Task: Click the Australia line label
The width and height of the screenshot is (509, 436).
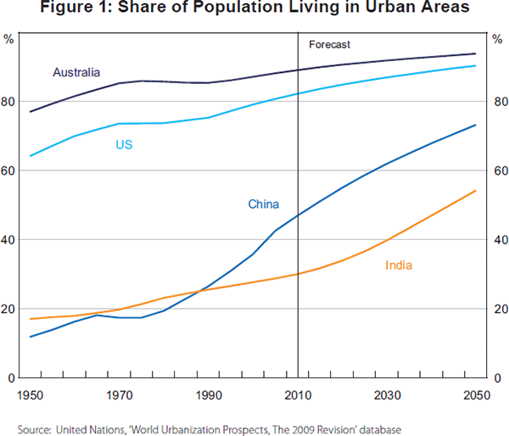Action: tap(77, 72)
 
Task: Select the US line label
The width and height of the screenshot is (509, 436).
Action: tap(124, 145)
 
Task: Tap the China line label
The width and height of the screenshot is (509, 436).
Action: tap(263, 204)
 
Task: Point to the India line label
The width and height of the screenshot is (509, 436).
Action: tap(399, 266)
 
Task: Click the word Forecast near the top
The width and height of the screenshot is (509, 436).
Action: tap(329, 44)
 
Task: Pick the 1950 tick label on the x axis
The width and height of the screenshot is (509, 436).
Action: tap(31, 395)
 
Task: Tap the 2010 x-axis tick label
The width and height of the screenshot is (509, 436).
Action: tap(298, 395)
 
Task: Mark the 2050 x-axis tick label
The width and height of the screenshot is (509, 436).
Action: tap(476, 395)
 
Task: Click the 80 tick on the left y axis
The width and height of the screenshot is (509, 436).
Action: tap(10, 102)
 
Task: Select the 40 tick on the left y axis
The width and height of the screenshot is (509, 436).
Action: tap(10, 240)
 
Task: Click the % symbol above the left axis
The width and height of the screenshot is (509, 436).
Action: tap(9, 39)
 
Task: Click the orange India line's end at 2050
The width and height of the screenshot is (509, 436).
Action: tap(476, 191)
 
